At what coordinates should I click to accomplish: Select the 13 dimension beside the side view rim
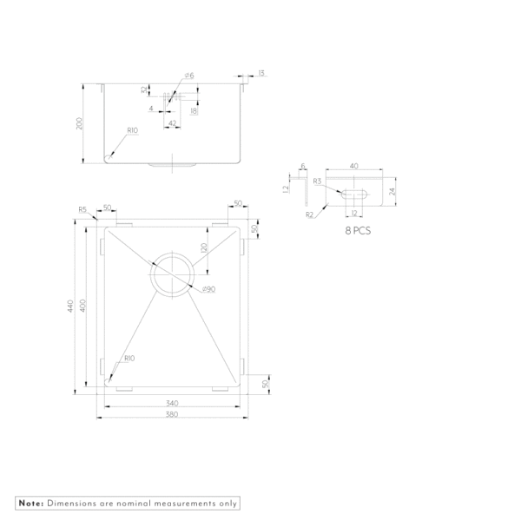pyautogui.click(x=260, y=74)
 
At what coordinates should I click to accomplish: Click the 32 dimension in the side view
pyautogui.click(x=144, y=89)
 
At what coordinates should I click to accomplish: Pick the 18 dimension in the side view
pyautogui.click(x=194, y=110)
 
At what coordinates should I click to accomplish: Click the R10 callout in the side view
pyautogui.click(x=133, y=130)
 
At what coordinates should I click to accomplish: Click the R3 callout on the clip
pyautogui.click(x=318, y=181)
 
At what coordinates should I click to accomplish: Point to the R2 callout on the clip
pyautogui.click(x=309, y=214)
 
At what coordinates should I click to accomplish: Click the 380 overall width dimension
pyautogui.click(x=172, y=414)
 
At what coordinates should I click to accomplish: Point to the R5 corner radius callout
pyautogui.click(x=82, y=209)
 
